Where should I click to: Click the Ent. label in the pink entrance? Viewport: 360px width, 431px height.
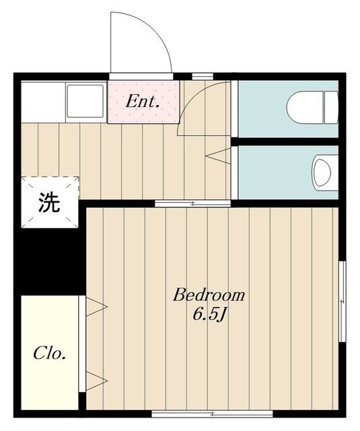(143, 102)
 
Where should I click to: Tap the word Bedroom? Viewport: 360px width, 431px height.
(209, 295)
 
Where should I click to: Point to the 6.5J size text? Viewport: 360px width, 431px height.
(209, 314)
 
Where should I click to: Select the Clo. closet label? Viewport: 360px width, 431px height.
(49, 354)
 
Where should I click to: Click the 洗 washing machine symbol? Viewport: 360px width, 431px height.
(49, 202)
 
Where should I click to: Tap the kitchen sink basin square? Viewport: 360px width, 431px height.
(85, 100)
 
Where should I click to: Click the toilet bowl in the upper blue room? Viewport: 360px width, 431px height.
(305, 107)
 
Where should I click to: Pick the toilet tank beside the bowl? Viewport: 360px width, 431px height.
(331, 107)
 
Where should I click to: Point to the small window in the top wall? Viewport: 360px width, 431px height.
(203, 76)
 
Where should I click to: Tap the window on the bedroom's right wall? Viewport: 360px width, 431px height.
(342, 302)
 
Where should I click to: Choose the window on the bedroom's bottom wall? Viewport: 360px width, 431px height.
(212, 413)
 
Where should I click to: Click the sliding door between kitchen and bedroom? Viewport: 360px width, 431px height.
(192, 203)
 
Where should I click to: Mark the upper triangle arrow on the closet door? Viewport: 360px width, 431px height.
(96, 306)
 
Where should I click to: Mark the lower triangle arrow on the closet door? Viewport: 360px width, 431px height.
(96, 380)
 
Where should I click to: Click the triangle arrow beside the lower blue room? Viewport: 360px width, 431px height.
(218, 156)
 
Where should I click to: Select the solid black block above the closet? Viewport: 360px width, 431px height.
(50, 261)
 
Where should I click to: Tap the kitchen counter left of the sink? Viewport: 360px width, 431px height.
(43, 102)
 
